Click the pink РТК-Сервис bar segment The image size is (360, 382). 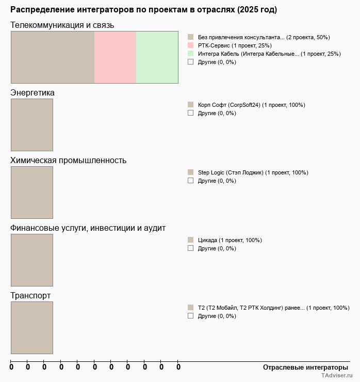(x=115, y=57)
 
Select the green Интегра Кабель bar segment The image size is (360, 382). (x=157, y=57)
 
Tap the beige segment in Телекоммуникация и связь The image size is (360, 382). (x=53, y=57)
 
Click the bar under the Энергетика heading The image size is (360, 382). (x=32, y=124)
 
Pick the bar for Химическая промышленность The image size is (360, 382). (x=32, y=192)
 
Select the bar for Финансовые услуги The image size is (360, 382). (x=32, y=260)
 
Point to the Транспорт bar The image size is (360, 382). (x=32, y=327)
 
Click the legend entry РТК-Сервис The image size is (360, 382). (x=235, y=45)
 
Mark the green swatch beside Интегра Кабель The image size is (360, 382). (x=190, y=54)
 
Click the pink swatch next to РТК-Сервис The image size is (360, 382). (x=190, y=45)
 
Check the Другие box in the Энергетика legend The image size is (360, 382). (x=190, y=113)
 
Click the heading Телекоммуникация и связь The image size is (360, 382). (x=62, y=25)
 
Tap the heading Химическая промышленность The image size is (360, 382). (x=68, y=160)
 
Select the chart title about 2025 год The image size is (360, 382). (x=143, y=10)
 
